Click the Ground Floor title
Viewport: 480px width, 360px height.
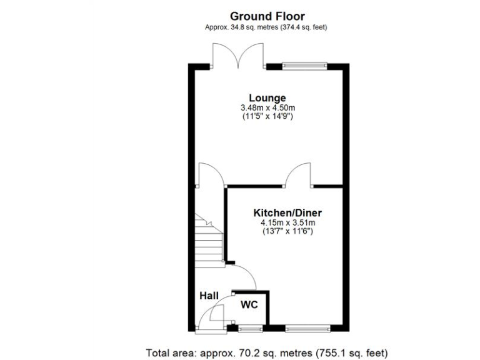pyautogui.click(x=267, y=16)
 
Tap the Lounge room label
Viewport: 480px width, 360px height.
pyautogui.click(x=267, y=98)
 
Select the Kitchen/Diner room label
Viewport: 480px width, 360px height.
pyautogui.click(x=287, y=212)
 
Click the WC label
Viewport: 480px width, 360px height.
pyautogui.click(x=249, y=305)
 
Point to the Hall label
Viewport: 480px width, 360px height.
pyautogui.click(x=208, y=296)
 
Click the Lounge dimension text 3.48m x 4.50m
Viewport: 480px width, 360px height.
pyautogui.click(x=267, y=108)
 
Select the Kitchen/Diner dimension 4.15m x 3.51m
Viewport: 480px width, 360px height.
pyautogui.click(x=287, y=222)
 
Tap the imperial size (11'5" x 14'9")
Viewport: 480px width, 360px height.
pyautogui.click(x=267, y=117)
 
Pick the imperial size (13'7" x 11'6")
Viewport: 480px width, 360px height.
pyautogui.click(x=287, y=231)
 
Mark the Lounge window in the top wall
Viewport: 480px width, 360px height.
pyautogui.click(x=304, y=65)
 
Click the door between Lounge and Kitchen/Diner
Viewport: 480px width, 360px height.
pyautogui.click(x=297, y=175)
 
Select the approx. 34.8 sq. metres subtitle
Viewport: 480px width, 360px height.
pyautogui.click(x=267, y=27)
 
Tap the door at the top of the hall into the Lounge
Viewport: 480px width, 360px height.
pyautogui.click(x=208, y=175)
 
